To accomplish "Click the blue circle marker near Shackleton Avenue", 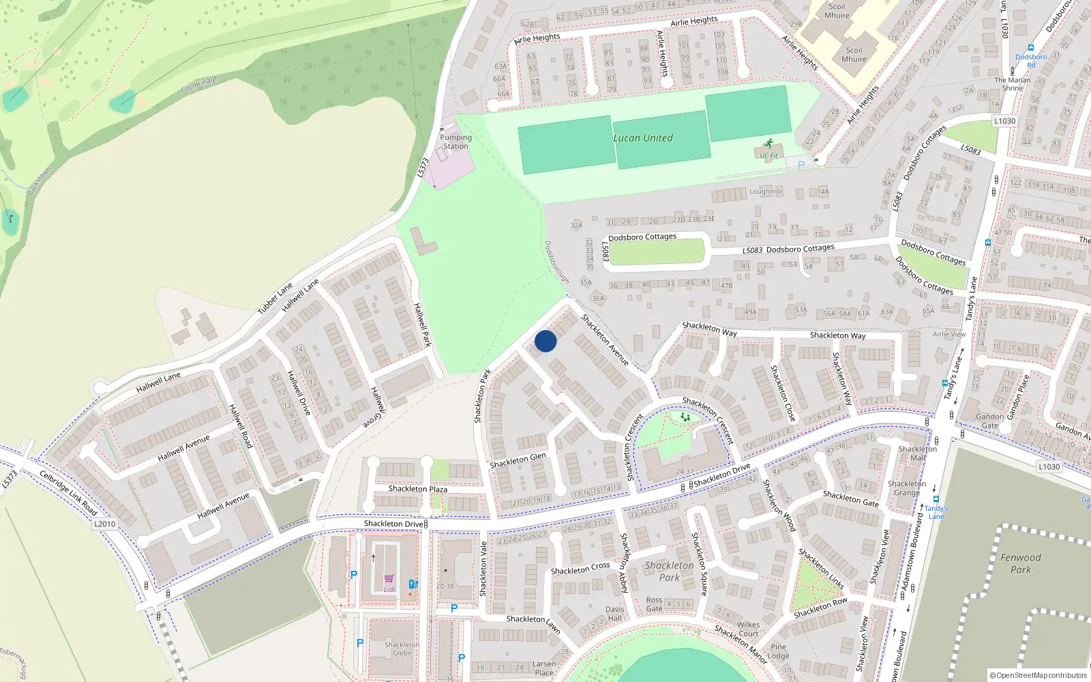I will click(x=545, y=341).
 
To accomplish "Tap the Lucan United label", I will click(x=643, y=138).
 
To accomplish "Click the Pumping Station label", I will click(x=455, y=142).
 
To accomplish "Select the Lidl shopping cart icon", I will click(x=389, y=579).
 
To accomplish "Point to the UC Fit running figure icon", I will click(x=770, y=144).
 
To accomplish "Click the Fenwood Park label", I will click(x=1021, y=563).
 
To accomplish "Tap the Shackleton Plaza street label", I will click(x=418, y=489).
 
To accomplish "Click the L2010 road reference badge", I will click(x=104, y=524).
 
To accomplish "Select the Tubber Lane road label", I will click(x=275, y=298).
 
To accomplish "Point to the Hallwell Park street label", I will click(x=423, y=325).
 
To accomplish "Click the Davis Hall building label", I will click(x=615, y=614).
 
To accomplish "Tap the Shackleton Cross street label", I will click(x=580, y=568).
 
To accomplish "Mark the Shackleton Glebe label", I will click(x=402, y=649).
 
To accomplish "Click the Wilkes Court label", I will click(x=748, y=629).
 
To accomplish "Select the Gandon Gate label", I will click(x=989, y=421).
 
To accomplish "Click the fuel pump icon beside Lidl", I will click(x=413, y=584).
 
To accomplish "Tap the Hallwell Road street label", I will click(x=241, y=426).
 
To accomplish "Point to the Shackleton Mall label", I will click(x=918, y=453).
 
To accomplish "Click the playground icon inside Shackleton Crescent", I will click(x=685, y=417).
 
